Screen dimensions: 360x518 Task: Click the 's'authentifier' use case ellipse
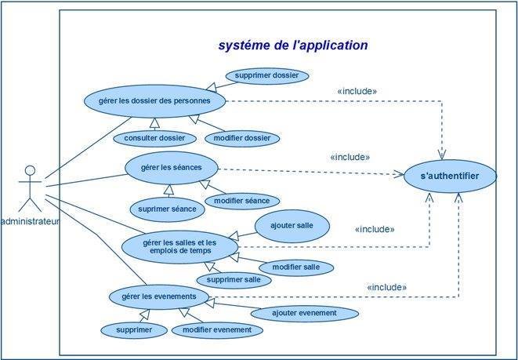449,176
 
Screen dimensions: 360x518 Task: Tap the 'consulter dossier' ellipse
154,138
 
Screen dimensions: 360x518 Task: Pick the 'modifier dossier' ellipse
241,138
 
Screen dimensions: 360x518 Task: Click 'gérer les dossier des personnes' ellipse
156,100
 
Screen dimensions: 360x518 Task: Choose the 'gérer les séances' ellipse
171,168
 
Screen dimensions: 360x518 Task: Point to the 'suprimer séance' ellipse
167,209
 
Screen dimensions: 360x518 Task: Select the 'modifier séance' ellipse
241,202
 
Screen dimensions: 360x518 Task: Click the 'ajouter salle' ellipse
292,225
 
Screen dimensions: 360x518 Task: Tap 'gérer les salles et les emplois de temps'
179,246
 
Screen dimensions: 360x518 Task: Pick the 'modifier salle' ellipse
295,267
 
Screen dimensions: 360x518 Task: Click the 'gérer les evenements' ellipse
159,296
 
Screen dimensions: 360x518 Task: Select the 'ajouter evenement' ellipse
304,313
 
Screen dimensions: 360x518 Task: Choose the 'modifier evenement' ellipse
217,330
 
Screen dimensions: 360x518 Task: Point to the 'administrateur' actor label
31,222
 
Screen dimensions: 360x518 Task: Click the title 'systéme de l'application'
292,45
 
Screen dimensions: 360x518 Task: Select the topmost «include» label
357,91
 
